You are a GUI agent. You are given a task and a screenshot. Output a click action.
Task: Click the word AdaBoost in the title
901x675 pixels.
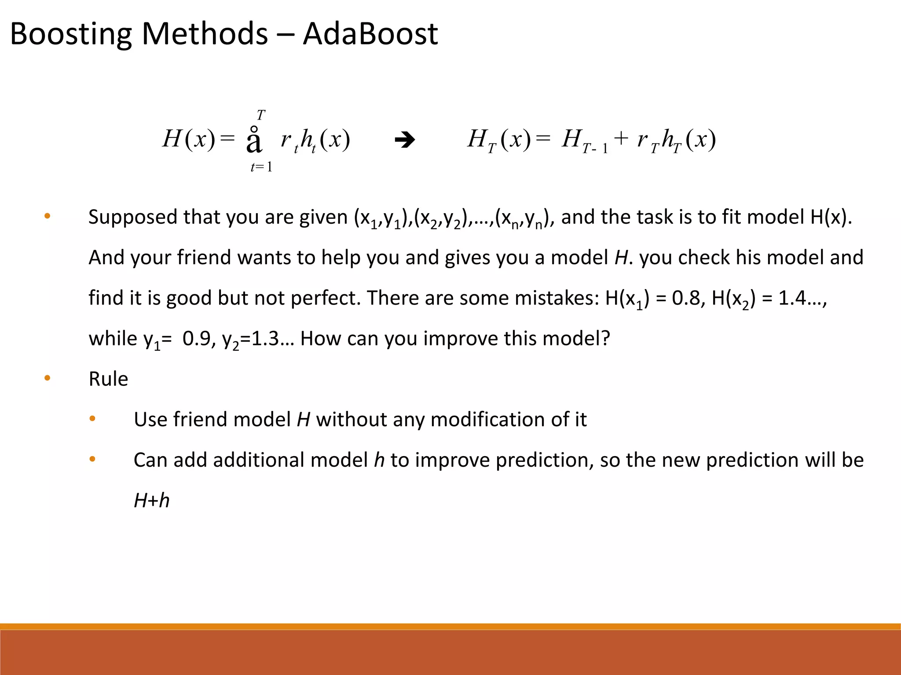[370, 34]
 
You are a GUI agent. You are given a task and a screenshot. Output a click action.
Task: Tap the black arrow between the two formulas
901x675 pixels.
[405, 141]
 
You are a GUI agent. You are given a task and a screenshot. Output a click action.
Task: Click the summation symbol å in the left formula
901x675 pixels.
[254, 141]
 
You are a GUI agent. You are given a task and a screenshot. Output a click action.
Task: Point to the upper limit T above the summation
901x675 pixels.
[261, 115]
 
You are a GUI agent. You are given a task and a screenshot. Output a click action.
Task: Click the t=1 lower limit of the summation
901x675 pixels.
[261, 167]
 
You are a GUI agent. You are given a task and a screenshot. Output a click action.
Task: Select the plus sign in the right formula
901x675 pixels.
[621, 138]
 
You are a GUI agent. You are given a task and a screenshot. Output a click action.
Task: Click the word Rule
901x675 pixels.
[108, 379]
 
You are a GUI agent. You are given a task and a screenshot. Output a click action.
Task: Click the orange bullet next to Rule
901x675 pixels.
[48, 378]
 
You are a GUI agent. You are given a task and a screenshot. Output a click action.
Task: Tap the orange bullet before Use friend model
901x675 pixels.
[92, 419]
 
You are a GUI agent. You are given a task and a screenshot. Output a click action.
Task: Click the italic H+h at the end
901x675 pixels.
[151, 501]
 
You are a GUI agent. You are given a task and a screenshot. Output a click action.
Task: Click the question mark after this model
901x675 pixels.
[606, 338]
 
